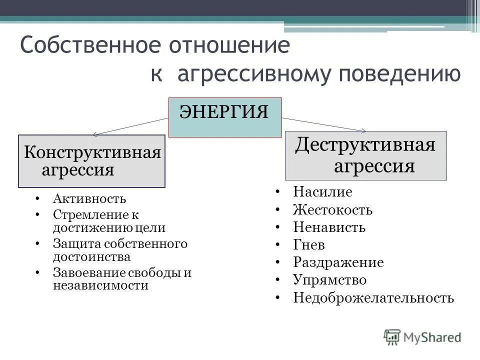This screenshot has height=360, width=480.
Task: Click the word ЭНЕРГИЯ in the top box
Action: click(224, 111)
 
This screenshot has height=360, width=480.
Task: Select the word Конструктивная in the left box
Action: click(92, 151)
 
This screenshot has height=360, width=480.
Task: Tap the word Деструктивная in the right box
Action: click(365, 145)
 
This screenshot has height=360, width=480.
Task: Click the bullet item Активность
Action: click(89, 198)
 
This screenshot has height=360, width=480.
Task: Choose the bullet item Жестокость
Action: click(332, 210)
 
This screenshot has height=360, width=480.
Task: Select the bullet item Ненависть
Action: click(329, 228)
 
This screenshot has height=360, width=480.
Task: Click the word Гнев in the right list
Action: click(309, 245)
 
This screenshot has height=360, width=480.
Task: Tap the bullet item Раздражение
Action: click(338, 262)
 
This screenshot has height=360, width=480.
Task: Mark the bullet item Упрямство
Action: click(329, 280)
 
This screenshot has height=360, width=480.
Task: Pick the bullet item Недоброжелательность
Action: click(373, 298)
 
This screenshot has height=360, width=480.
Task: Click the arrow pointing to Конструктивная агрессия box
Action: click(130, 126)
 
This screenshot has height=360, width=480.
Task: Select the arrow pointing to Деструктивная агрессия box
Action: click(325, 125)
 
